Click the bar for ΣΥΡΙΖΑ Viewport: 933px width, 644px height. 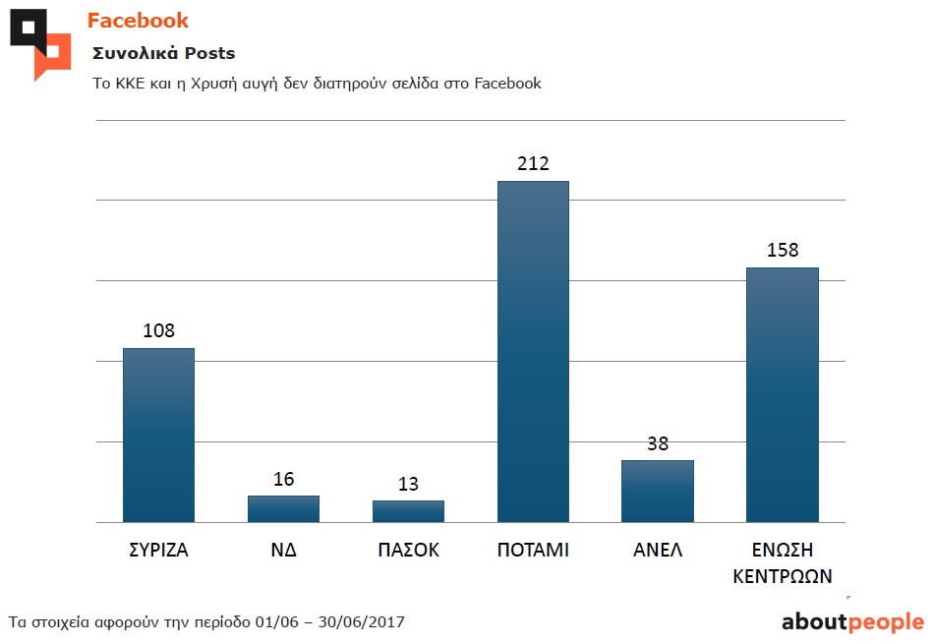pyautogui.click(x=158, y=435)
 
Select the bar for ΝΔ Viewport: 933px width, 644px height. pyautogui.click(x=283, y=508)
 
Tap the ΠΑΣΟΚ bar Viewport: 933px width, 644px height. pyautogui.click(x=408, y=511)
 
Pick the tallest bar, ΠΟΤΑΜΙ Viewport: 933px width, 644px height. pyautogui.click(x=533, y=351)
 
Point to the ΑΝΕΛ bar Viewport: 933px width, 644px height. pyautogui.click(x=658, y=491)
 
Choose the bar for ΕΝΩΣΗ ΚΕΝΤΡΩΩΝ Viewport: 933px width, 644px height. pyautogui.click(x=783, y=394)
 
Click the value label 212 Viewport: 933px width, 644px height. pyautogui.click(x=533, y=163)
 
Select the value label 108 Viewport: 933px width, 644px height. pyautogui.click(x=158, y=330)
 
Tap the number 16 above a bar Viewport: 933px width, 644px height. pyautogui.click(x=283, y=479)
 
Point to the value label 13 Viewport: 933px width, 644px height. pyautogui.click(x=408, y=484)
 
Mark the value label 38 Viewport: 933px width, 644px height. pyautogui.click(x=658, y=443)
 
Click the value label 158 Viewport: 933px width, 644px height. pyautogui.click(x=783, y=250)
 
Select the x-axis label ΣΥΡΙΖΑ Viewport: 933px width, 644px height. pyautogui.click(x=158, y=551)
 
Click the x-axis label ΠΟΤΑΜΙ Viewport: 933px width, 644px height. pyautogui.click(x=533, y=551)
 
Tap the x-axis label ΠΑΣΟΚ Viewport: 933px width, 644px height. pyautogui.click(x=408, y=551)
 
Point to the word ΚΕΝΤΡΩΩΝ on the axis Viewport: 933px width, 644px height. pyautogui.click(x=783, y=576)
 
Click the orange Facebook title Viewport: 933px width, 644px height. pyautogui.click(x=138, y=21)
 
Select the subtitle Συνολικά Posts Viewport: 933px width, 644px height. pyautogui.click(x=163, y=53)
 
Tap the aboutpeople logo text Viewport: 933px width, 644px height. pyautogui.click(x=852, y=621)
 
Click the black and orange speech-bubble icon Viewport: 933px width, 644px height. pyautogui.click(x=40, y=43)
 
